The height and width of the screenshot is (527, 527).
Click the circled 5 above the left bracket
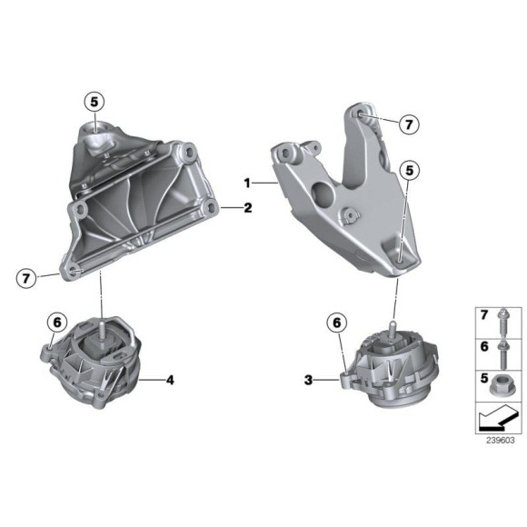97,101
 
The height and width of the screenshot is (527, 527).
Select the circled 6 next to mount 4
55,322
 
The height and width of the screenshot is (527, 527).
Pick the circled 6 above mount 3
337,322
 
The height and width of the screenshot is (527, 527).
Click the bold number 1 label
246,183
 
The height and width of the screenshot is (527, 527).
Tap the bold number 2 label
247,208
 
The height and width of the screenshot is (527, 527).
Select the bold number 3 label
308,382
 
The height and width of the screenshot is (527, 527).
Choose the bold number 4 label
169,380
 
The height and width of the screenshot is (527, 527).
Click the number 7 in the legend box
484,316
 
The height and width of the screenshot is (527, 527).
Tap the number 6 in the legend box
484,346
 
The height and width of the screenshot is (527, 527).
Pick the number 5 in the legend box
484,377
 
